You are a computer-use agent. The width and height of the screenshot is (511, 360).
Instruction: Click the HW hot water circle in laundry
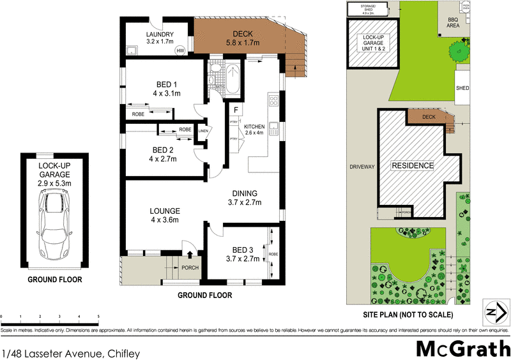pyautogui.click(x=180, y=50)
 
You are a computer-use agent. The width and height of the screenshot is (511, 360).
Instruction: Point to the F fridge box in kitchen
pyautogui.click(x=235, y=109)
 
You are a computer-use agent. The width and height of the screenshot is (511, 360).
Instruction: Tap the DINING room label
pyautogui.click(x=246, y=199)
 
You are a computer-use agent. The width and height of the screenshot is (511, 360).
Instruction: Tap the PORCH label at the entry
pyautogui.click(x=190, y=267)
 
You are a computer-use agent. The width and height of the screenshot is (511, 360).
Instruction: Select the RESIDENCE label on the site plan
pyautogui.click(x=413, y=166)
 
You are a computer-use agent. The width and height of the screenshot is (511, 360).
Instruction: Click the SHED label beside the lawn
pyautogui.click(x=462, y=88)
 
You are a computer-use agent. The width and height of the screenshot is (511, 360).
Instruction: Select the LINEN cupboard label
pyautogui.click(x=203, y=131)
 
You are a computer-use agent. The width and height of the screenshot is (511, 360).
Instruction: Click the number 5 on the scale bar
pyautogui.click(x=98, y=317)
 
